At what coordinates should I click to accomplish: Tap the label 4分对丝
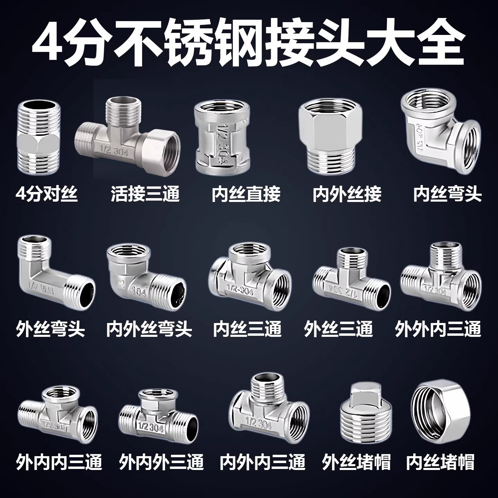[47, 194]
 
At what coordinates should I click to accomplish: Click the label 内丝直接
[246, 194]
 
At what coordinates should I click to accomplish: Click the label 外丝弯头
[50, 329]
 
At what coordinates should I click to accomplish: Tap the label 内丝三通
[247, 329]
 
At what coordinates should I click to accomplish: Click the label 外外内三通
[438, 329]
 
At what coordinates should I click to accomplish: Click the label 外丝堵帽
[356, 462]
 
